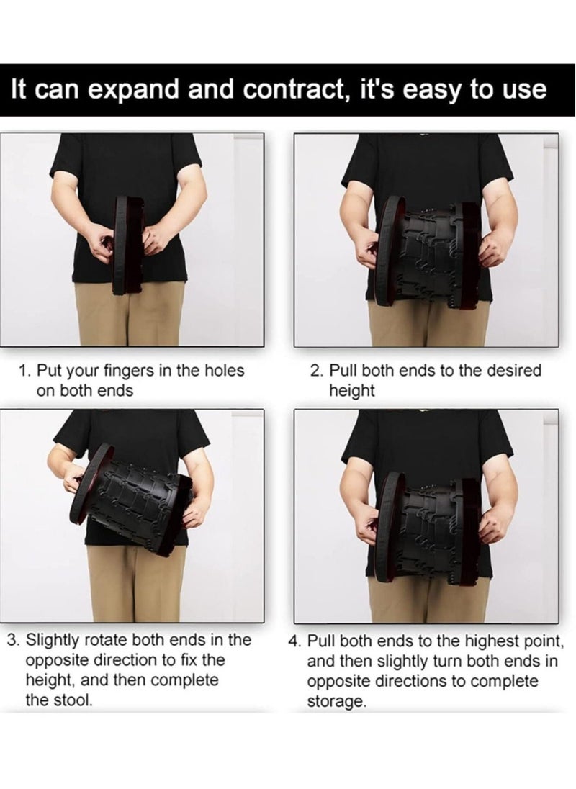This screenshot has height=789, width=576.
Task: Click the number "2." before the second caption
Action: coord(316,371)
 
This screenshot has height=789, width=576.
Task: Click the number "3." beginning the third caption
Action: coord(14,640)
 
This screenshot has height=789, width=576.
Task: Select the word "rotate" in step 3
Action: coord(105,640)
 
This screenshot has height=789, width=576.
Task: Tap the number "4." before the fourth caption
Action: coord(294,641)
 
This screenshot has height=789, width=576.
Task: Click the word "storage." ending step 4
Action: coord(336,702)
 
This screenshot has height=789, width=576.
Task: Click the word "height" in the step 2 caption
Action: coord(351,391)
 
